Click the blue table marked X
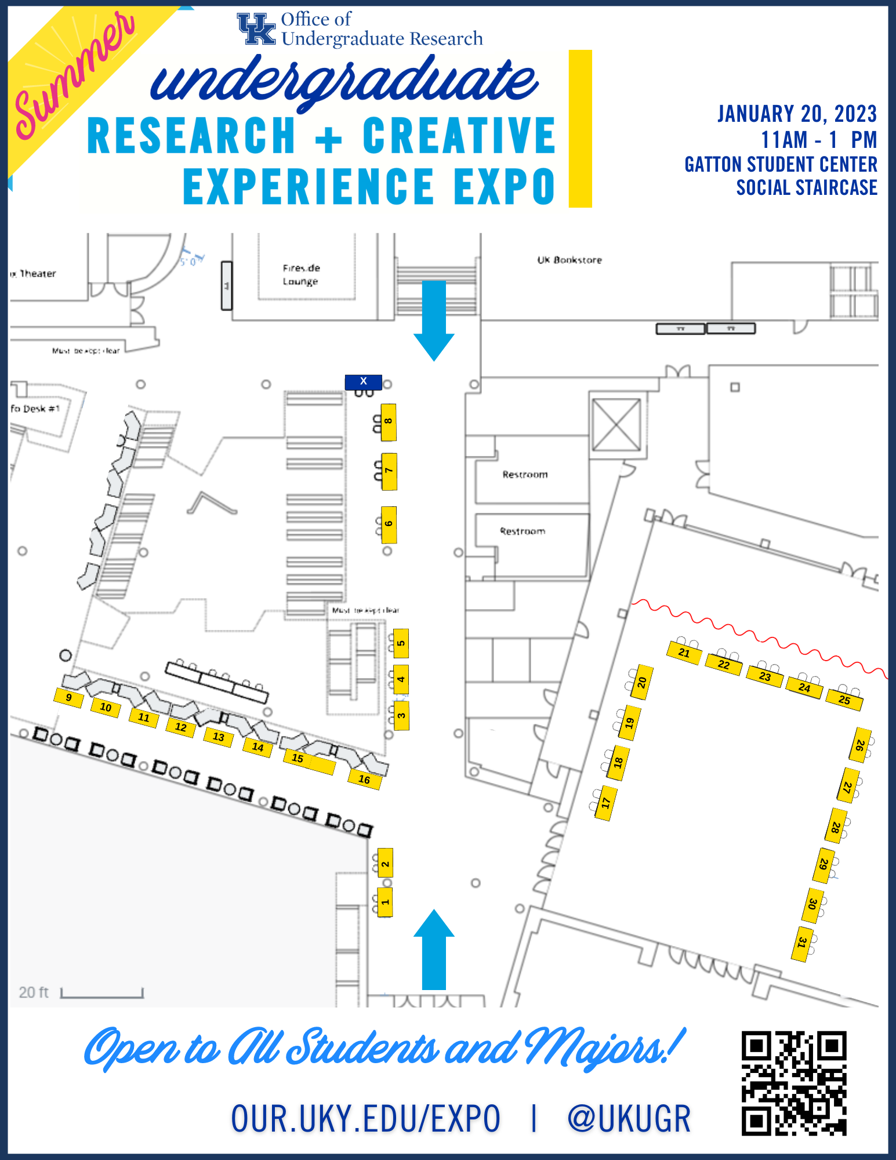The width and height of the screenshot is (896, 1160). [x=364, y=382]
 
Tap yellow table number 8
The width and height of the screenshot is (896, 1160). [x=389, y=422]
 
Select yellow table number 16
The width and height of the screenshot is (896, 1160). [x=364, y=779]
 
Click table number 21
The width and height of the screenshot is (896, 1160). [x=684, y=653]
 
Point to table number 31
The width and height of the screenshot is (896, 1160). [x=801, y=942]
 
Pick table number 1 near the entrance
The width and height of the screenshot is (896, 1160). [x=385, y=902]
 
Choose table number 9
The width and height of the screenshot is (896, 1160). [x=68, y=697]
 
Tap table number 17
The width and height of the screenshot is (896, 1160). [x=606, y=803]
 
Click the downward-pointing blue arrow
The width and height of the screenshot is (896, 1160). [x=434, y=320]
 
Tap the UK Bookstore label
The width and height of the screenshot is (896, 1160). [x=569, y=260]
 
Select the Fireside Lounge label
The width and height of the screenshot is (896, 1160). [x=301, y=274]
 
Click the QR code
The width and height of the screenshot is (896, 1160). [x=793, y=1083]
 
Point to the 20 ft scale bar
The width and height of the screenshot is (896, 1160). [x=101, y=994]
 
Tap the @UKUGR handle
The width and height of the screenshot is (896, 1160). [x=629, y=1119]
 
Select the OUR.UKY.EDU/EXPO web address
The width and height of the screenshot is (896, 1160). [x=365, y=1119]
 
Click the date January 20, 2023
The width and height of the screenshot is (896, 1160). [x=797, y=114]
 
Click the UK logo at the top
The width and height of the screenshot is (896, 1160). [x=256, y=29]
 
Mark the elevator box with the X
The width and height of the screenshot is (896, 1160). [x=616, y=424]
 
